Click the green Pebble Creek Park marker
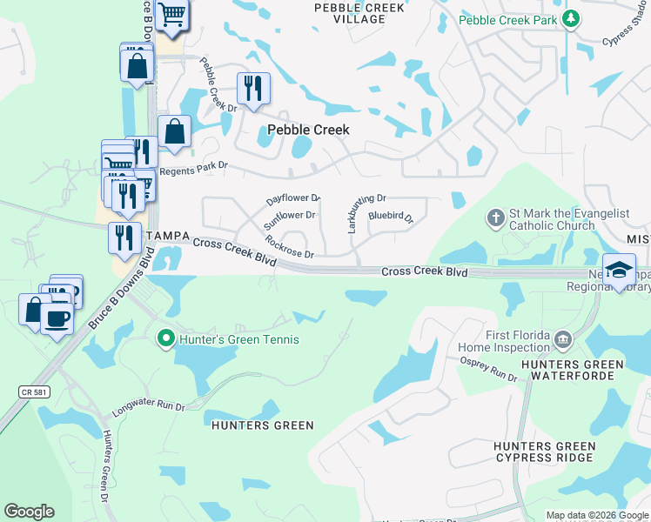tap(570, 18)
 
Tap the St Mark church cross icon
tap(495, 217)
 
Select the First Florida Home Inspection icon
tap(563, 338)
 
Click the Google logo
tap(29, 512)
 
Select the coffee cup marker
tap(58, 317)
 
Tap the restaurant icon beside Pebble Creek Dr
tap(253, 88)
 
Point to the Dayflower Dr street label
tap(293, 199)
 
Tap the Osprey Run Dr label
tap(488, 371)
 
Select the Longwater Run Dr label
tap(149, 406)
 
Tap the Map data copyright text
tap(597, 515)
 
